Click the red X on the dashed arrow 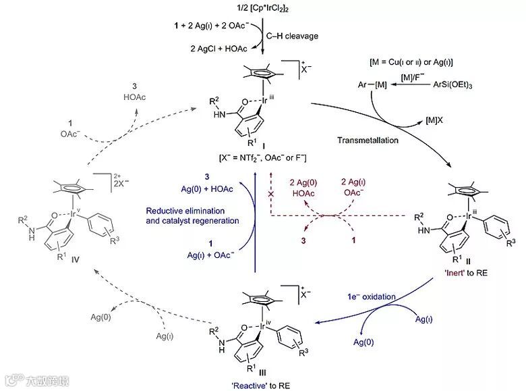coord(270,193)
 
